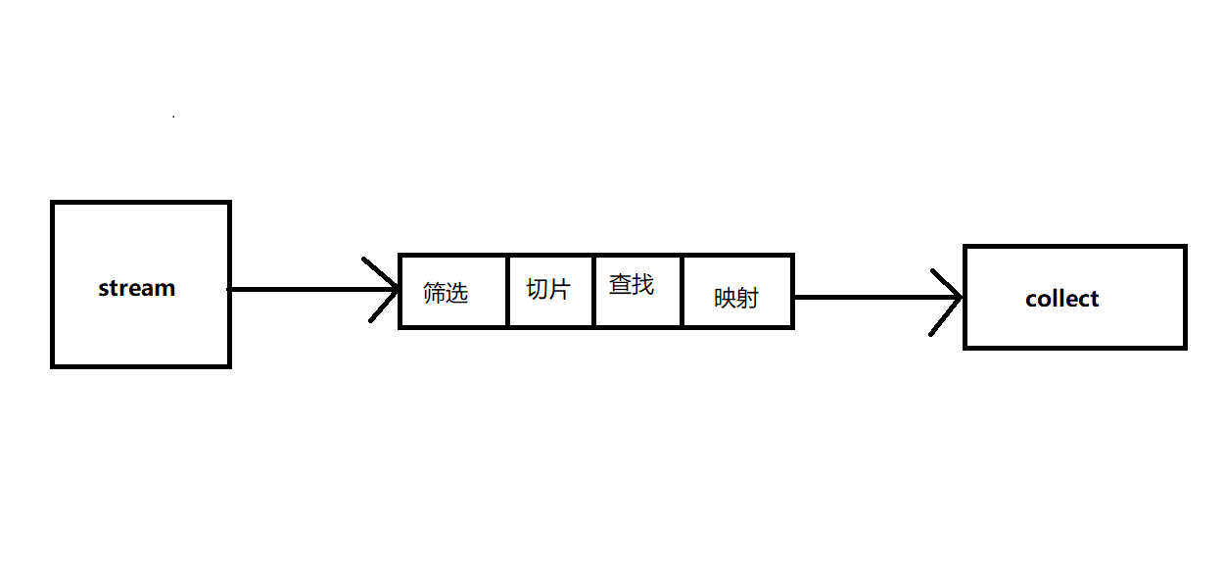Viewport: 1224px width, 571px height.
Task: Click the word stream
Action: point(137,288)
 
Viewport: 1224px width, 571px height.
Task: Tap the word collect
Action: point(1062,299)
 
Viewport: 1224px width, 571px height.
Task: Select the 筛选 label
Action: point(446,292)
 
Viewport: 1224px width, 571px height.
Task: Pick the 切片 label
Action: point(548,289)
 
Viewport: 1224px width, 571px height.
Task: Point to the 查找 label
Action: point(632,285)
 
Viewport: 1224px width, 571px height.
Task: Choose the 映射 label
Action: point(736,298)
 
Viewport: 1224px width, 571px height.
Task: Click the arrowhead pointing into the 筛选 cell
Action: point(388,290)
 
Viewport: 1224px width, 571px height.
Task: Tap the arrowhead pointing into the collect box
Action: point(952,298)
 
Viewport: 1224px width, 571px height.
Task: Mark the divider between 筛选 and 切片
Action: point(507,291)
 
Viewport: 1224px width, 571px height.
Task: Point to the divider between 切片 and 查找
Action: point(593,291)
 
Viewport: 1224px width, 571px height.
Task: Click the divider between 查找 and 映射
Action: point(682,291)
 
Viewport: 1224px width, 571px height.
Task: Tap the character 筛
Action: point(434,292)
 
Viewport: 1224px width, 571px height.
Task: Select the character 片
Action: point(559,289)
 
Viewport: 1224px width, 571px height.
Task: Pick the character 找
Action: point(643,285)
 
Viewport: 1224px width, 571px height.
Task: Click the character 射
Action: point(748,298)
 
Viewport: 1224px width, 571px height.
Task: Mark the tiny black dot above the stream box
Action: point(173,117)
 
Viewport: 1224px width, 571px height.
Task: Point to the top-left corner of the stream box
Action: point(53,203)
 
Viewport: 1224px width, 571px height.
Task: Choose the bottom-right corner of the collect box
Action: point(1185,347)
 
